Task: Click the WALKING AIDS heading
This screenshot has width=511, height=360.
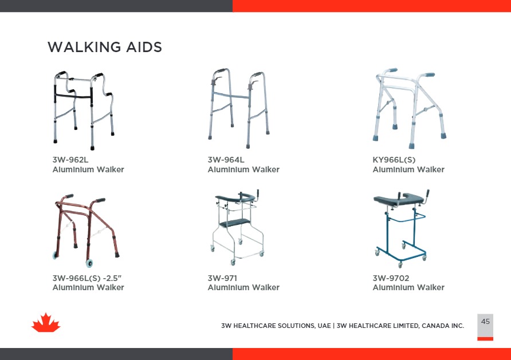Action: pyautogui.click(x=105, y=47)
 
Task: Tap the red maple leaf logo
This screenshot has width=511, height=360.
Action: pyautogui.click(x=46, y=323)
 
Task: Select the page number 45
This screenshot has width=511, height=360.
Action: pyautogui.click(x=485, y=322)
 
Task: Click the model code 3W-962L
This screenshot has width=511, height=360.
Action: pyautogui.click(x=70, y=160)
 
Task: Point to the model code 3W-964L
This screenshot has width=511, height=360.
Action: pyautogui.click(x=226, y=160)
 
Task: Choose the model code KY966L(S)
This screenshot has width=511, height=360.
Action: pyautogui.click(x=394, y=160)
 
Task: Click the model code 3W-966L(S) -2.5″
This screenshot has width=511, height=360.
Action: pyautogui.click(x=87, y=278)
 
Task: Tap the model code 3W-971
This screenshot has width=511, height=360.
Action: pyautogui.click(x=222, y=278)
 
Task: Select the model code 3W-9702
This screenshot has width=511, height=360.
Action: pyautogui.click(x=391, y=278)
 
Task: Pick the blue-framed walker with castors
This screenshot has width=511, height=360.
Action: pyautogui.click(x=401, y=228)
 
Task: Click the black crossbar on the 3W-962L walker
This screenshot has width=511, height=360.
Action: pyautogui.click(x=73, y=96)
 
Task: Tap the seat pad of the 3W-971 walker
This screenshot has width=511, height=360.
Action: pyautogui.click(x=235, y=223)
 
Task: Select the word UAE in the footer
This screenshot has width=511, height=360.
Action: pyautogui.click(x=324, y=326)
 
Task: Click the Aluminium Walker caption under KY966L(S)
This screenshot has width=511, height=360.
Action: pyautogui.click(x=408, y=169)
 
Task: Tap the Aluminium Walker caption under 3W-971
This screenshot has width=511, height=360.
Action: pyautogui.click(x=243, y=287)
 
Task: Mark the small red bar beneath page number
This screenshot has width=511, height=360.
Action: pyautogui.click(x=485, y=339)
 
